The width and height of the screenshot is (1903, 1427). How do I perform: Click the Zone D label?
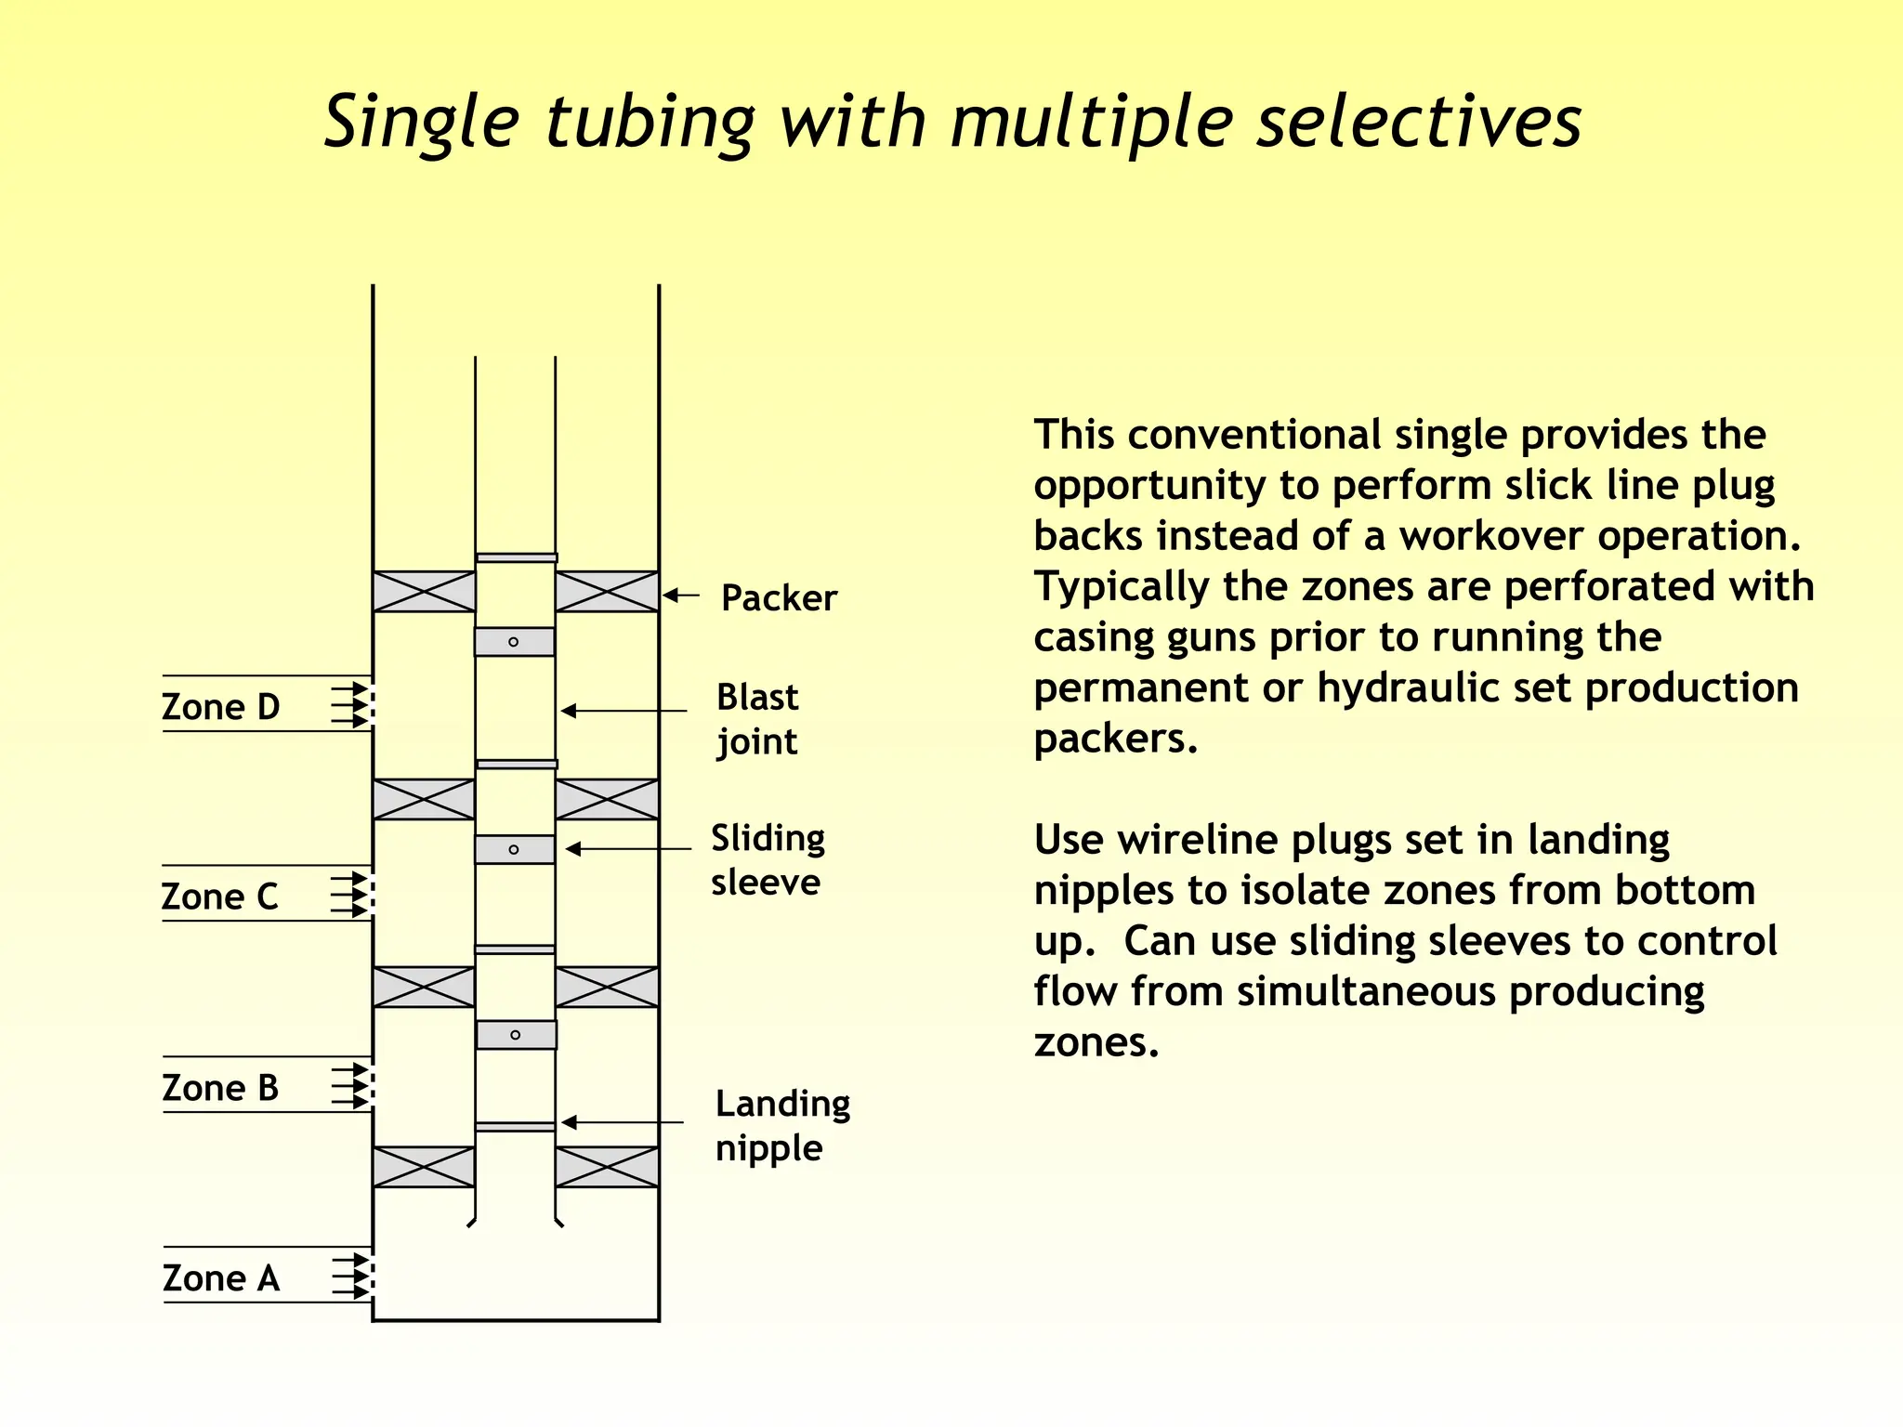(x=220, y=707)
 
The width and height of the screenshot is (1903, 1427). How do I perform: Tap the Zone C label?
(x=219, y=897)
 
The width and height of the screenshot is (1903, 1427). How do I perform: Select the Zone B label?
(x=220, y=1088)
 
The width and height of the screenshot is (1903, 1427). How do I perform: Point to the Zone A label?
(x=220, y=1278)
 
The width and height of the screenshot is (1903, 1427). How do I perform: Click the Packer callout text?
(x=779, y=598)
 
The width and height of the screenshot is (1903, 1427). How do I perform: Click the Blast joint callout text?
(x=757, y=719)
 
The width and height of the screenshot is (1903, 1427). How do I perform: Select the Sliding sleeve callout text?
(x=768, y=860)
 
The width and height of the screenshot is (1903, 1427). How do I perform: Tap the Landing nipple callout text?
(x=782, y=1126)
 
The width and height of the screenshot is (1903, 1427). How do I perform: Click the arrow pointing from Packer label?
(x=681, y=596)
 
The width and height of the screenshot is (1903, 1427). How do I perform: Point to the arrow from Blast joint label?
(x=623, y=711)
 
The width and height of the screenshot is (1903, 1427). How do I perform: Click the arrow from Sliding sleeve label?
(x=628, y=849)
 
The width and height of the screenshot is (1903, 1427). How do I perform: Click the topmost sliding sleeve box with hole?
(x=515, y=642)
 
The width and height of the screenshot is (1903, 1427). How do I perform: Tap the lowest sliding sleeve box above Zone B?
(x=517, y=1035)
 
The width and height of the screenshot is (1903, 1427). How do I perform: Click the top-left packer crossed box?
(x=424, y=592)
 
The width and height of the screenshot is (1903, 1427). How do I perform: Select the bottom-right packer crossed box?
(x=607, y=1168)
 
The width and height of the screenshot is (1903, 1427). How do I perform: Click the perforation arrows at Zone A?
(x=354, y=1276)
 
